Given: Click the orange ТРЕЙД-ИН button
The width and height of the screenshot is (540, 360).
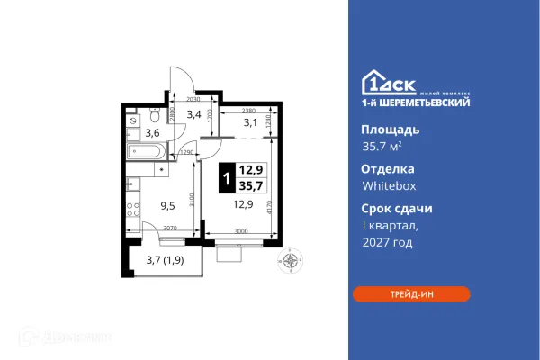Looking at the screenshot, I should (x=410, y=294).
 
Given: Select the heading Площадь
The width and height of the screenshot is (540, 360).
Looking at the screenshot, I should (x=391, y=129).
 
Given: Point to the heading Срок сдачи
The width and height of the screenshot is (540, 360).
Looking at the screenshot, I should (x=397, y=208).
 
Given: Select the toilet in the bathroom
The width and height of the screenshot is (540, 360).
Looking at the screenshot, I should (x=155, y=116).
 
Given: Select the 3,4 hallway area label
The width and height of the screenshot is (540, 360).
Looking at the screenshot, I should (x=193, y=114).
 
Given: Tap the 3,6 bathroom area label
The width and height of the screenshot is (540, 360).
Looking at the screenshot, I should (x=153, y=133).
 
